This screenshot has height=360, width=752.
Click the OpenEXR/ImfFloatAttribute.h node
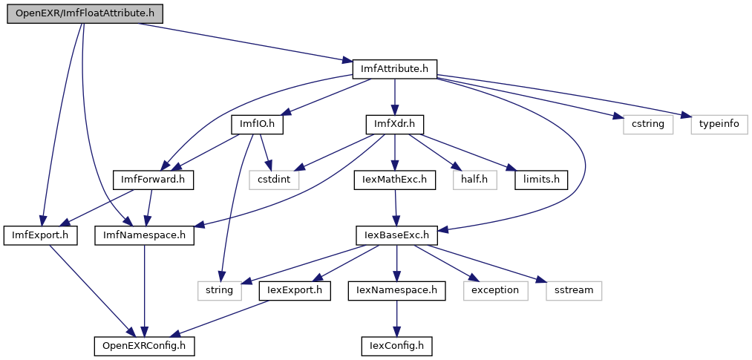tap(84, 14)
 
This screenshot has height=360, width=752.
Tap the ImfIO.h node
tap(258, 124)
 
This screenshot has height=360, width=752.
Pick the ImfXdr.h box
tap(394, 124)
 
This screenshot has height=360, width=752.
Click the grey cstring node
tap(643, 124)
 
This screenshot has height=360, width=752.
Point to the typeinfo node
tap(719, 124)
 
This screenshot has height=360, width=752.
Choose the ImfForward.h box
tap(153, 179)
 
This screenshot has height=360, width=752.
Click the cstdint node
tap(275, 179)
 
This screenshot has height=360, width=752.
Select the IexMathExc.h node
tap(394, 179)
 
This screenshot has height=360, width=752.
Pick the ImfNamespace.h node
tap(145, 235)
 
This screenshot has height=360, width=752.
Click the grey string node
tap(219, 289)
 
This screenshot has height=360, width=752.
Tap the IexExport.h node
tap(295, 289)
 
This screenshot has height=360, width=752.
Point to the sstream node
tap(573, 289)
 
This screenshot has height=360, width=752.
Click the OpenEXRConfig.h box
tap(144, 344)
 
